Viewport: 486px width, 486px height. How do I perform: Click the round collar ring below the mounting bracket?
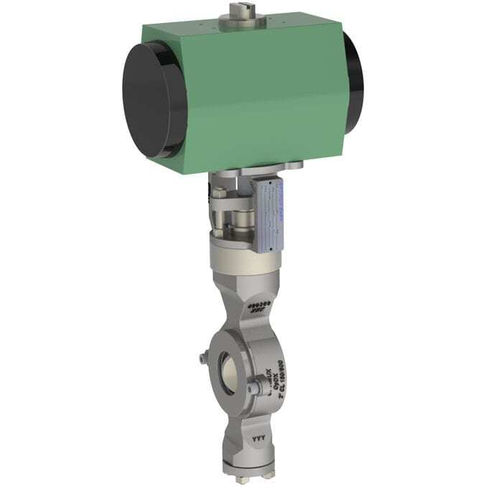coord(240,257)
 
